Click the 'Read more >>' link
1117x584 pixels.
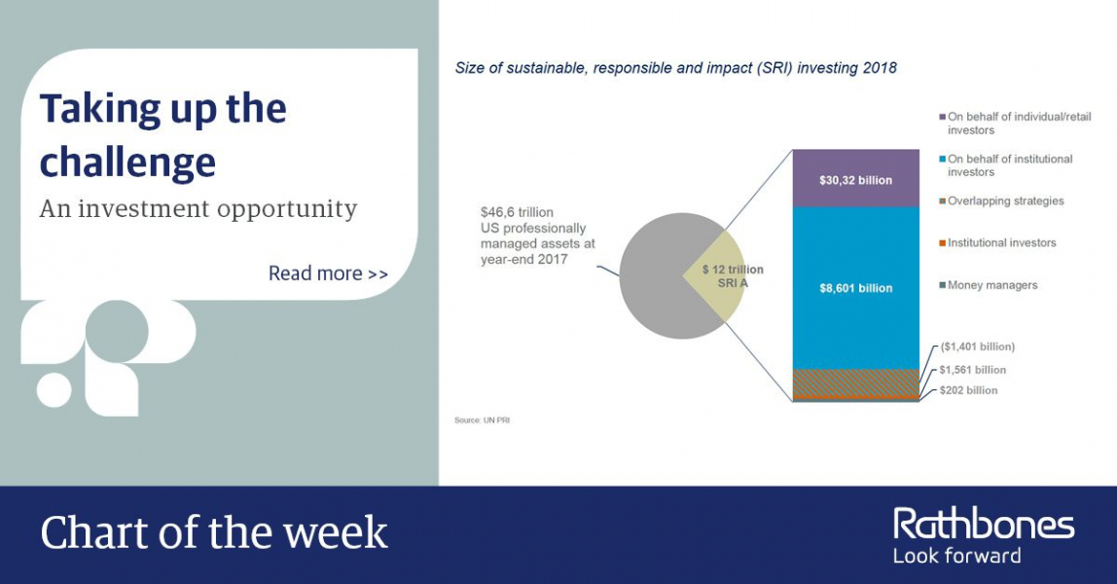coord(328,274)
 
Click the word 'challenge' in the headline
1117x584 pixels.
coord(127,163)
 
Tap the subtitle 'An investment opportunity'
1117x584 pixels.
coord(198,208)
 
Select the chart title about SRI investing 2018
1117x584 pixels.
coord(675,68)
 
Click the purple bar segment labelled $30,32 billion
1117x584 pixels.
coord(855,178)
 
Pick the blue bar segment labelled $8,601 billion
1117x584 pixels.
coord(855,288)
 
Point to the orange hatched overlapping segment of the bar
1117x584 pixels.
coord(855,382)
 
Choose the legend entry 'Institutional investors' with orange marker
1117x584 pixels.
coord(997,243)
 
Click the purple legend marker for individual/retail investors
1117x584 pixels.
coord(943,117)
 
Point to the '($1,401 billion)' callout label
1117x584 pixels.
coord(977,347)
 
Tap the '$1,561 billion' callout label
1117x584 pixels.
coord(972,370)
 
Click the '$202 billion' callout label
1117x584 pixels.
coord(968,390)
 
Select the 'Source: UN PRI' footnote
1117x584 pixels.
coord(483,420)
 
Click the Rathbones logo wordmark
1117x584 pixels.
coord(984,526)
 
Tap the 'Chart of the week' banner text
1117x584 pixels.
coord(214,532)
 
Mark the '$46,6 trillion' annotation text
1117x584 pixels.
coord(517,212)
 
